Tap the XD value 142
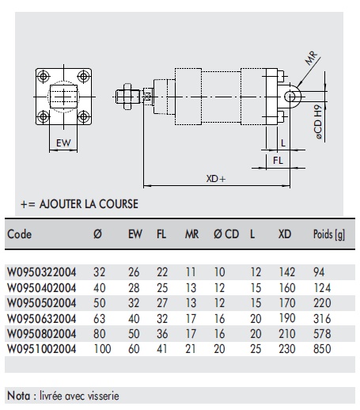(x=285, y=271)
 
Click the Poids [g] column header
(x=328, y=235)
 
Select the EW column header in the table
(x=135, y=235)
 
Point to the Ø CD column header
(x=225, y=235)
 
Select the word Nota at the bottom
(x=21, y=393)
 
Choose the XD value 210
(x=285, y=332)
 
